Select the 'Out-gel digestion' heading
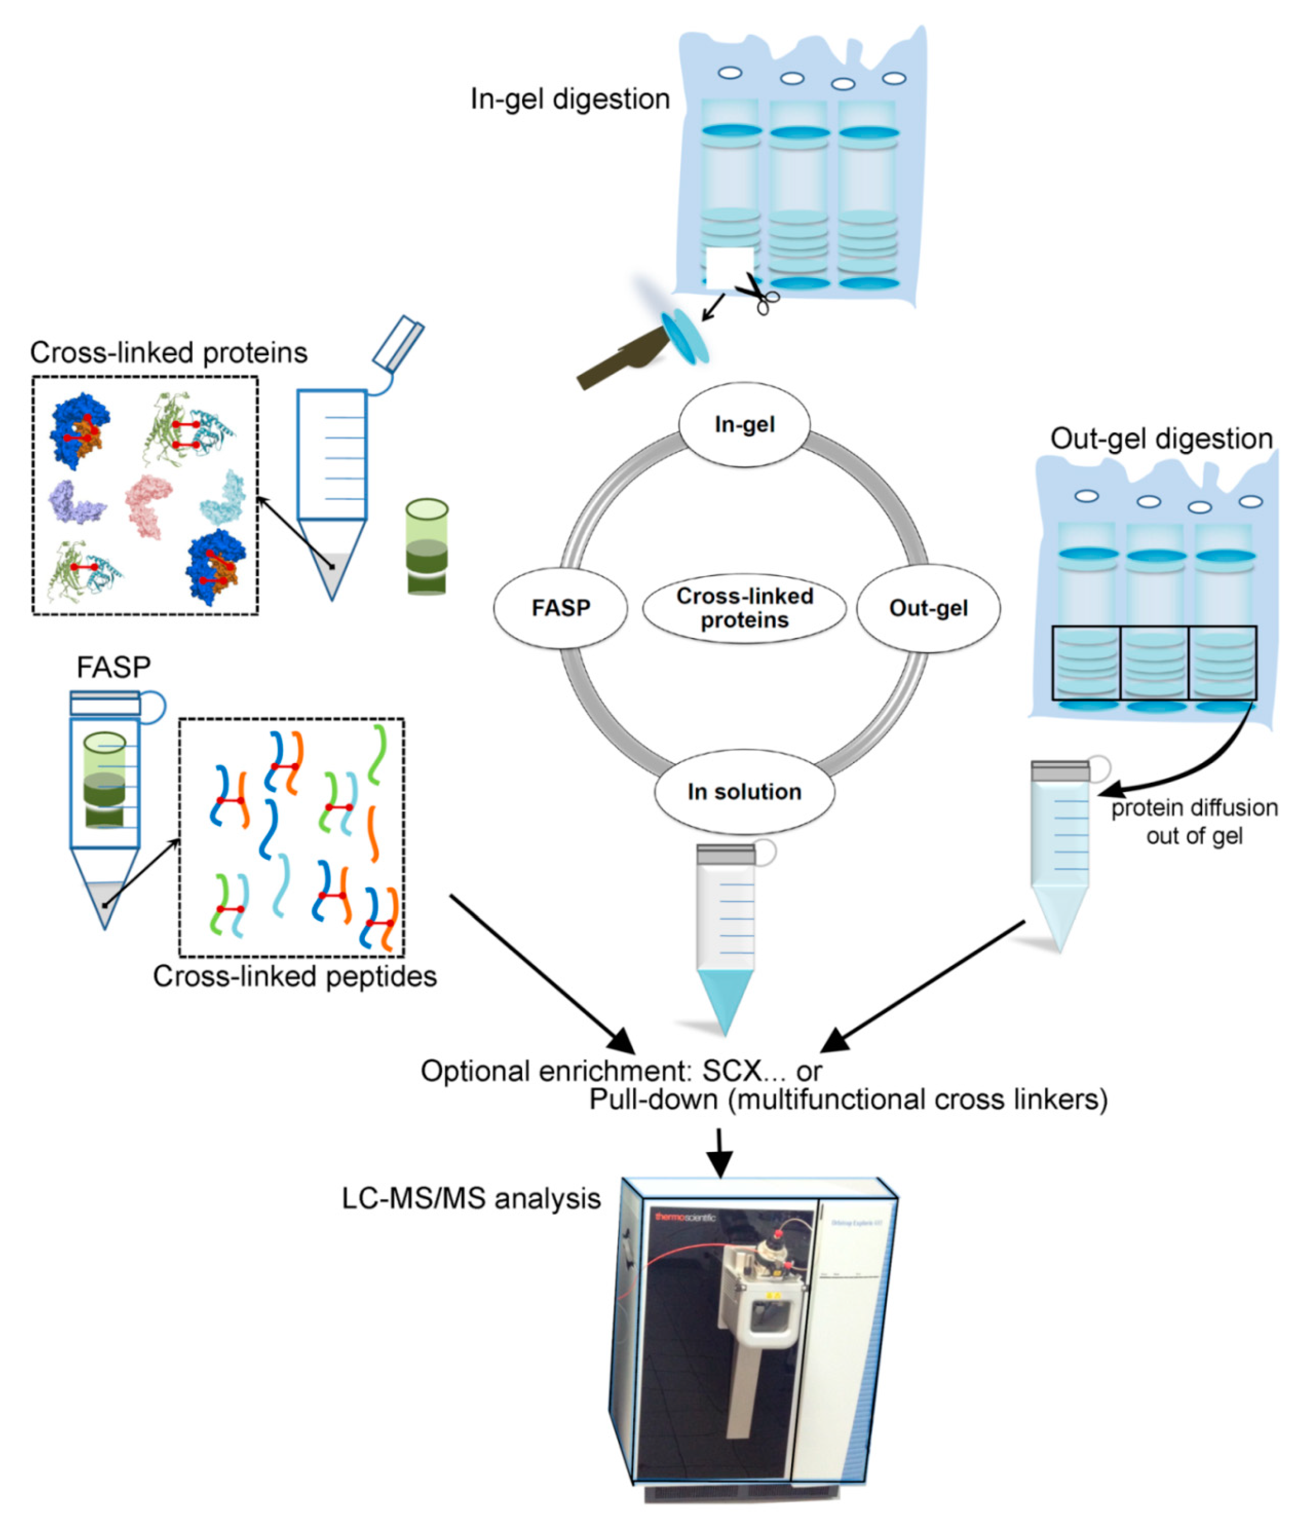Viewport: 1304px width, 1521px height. coord(1161,439)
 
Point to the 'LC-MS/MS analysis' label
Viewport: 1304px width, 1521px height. coord(471,1199)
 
